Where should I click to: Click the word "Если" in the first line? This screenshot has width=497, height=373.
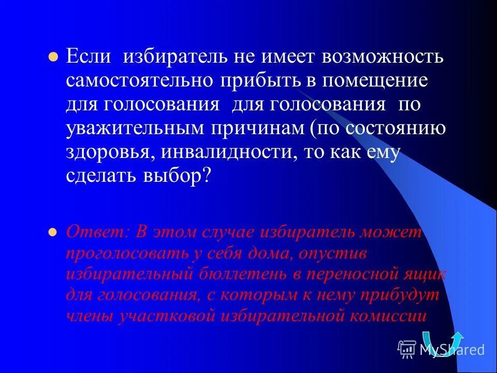tap(89, 56)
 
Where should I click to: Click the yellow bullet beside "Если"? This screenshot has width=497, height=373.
tap(52, 58)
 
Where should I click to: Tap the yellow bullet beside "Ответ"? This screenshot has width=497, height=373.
tap(52, 233)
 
